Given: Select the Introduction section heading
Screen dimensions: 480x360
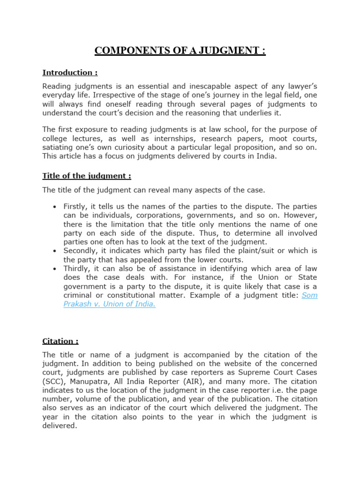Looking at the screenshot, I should [70, 73].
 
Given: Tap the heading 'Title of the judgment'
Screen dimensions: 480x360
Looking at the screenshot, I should [86, 176].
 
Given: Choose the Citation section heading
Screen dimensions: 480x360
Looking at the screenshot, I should [60, 341].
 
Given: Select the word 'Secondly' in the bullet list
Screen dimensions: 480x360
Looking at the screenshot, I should [79, 251].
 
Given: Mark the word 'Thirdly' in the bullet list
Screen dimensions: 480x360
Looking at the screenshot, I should [76, 269].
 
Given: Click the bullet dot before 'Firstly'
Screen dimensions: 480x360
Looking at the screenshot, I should [55, 207].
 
